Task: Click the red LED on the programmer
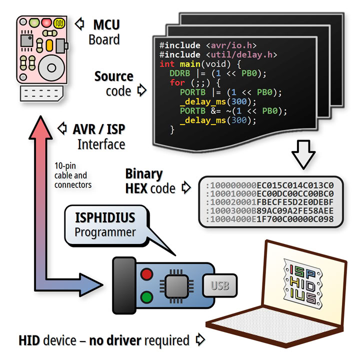147,274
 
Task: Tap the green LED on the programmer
147,298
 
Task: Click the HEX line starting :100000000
270,185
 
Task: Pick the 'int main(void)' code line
200,64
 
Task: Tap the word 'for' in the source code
177,82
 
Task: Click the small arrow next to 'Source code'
141,90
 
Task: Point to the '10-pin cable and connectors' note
73,175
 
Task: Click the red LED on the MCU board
46,22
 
